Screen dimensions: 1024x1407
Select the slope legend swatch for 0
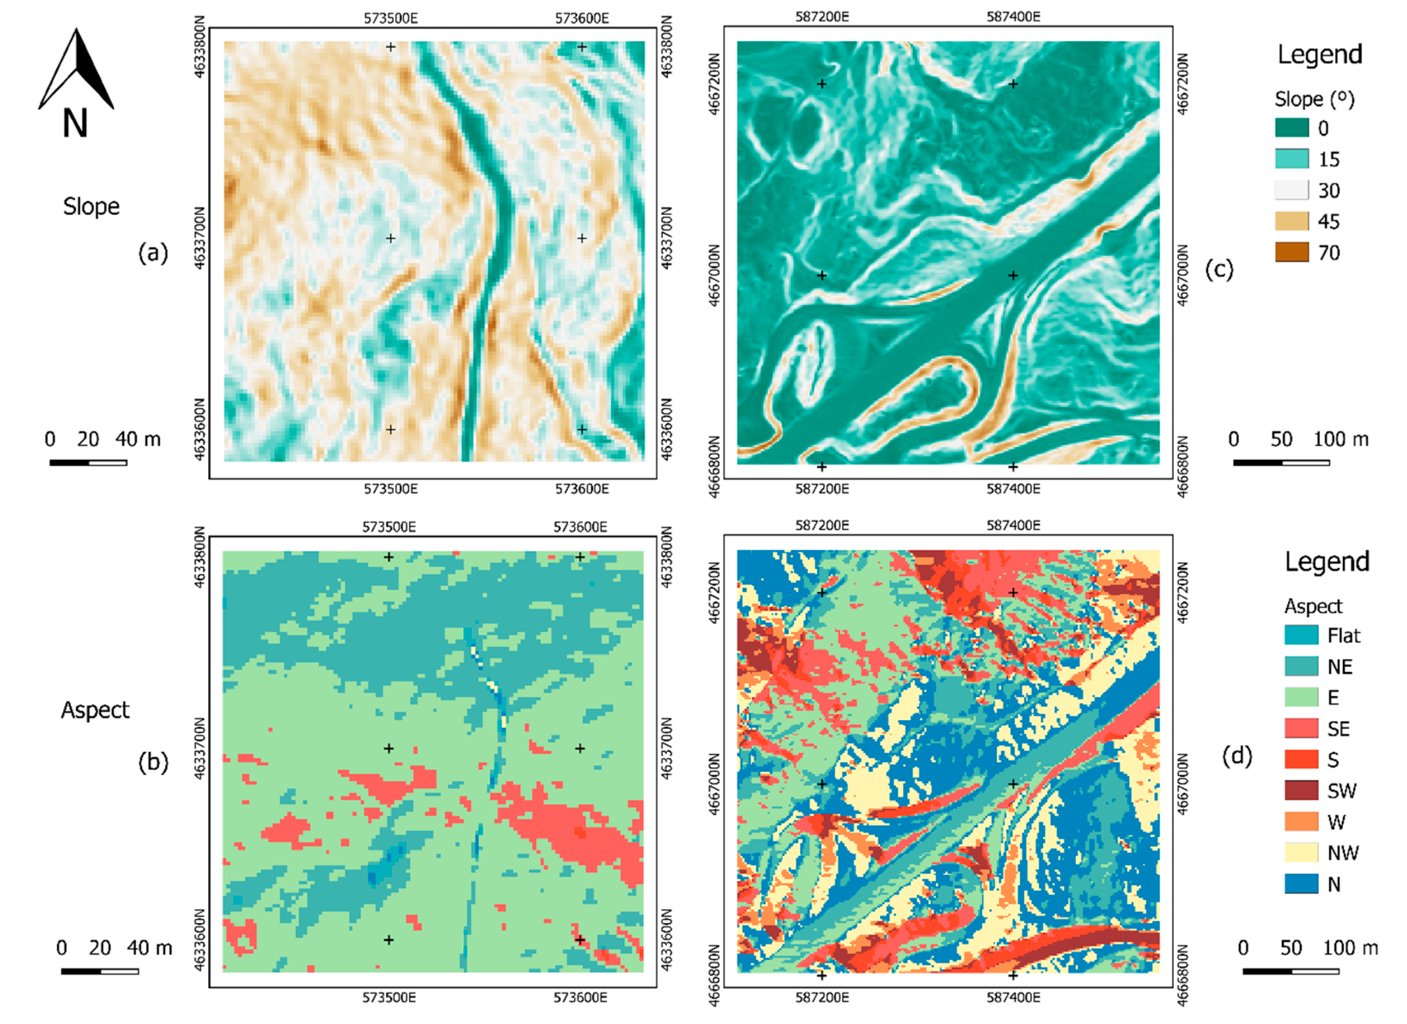coord(1291,128)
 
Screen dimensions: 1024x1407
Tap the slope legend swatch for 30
coord(1291,190)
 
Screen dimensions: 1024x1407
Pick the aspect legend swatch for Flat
coord(1301,635)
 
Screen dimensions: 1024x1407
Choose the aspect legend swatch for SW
coord(1301,790)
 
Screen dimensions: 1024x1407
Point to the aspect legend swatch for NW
coord(1301,852)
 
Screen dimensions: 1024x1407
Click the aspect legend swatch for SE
coord(1301,728)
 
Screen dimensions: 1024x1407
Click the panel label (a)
coord(152,253)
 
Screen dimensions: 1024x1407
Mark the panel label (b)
coord(152,761)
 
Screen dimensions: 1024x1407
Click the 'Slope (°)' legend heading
coord(1314,99)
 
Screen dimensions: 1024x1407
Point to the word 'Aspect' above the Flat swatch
coord(1313,606)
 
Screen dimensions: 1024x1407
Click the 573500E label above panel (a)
coord(390,18)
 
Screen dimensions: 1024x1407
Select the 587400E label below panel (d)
coord(1013,997)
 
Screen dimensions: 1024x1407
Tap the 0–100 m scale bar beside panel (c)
coord(1281,462)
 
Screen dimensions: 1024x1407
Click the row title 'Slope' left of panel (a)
coord(91,206)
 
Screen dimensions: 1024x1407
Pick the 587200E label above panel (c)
coord(822,17)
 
